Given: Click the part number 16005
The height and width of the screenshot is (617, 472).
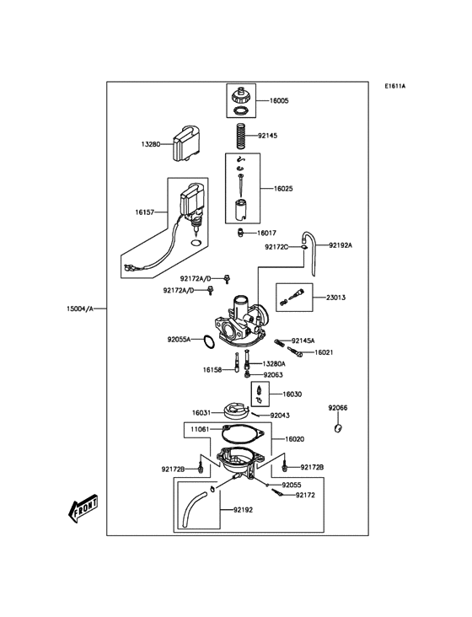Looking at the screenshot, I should (279, 100).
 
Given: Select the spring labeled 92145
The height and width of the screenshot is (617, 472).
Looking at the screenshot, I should (241, 135).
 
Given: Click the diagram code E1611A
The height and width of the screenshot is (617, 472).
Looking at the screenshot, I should (395, 86).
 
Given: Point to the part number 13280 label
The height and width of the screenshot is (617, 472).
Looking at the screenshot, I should (152, 144).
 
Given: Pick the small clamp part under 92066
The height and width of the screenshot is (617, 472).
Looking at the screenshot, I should (338, 429).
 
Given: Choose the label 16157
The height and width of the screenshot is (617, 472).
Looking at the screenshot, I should (146, 212).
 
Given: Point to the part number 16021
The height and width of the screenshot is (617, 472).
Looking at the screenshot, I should (324, 352).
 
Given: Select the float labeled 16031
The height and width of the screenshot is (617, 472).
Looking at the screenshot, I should (231, 412).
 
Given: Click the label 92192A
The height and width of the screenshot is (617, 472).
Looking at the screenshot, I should (341, 245).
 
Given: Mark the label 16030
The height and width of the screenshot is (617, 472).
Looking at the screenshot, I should (292, 394).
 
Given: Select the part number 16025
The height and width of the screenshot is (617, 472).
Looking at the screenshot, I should (283, 189).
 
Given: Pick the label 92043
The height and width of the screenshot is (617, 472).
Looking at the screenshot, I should (280, 415).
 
